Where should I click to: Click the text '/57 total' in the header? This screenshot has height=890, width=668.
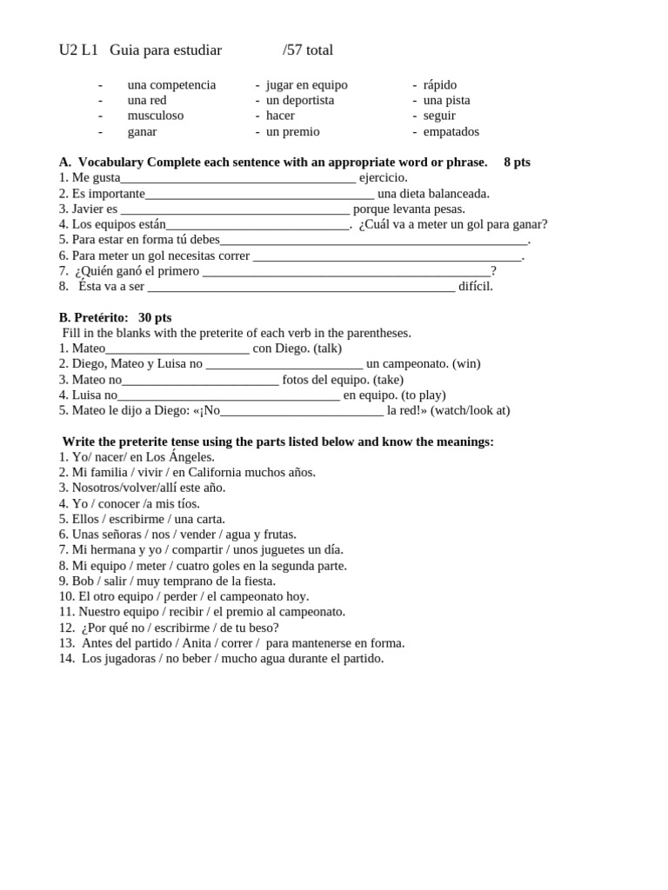coord(308,50)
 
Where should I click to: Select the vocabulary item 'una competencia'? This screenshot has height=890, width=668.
coord(171,85)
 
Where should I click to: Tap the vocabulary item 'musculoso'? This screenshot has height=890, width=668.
coord(156,116)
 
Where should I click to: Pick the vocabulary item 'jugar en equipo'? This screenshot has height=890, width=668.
coord(307,85)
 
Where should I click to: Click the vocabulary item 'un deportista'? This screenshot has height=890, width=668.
coord(300,101)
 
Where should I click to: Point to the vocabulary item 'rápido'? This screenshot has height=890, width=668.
coord(440,85)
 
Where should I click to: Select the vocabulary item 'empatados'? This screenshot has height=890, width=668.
coord(451,132)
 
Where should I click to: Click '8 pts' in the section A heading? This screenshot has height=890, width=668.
coord(517,163)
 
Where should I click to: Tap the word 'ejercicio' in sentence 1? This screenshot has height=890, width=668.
coord(382,178)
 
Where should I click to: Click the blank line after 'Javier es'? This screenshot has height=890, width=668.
coord(235,209)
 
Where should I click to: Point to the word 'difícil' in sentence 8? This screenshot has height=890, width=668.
coord(475,287)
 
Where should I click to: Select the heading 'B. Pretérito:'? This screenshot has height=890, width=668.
coord(94,318)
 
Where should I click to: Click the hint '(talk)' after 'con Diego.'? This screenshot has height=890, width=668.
coord(327,349)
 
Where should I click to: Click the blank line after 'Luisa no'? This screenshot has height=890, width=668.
coord(228,395)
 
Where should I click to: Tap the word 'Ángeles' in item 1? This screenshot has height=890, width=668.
coord(190,457)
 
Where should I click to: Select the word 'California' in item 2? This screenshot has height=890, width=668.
coord(219,473)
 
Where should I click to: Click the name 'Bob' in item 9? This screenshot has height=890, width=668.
coord(83,581)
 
